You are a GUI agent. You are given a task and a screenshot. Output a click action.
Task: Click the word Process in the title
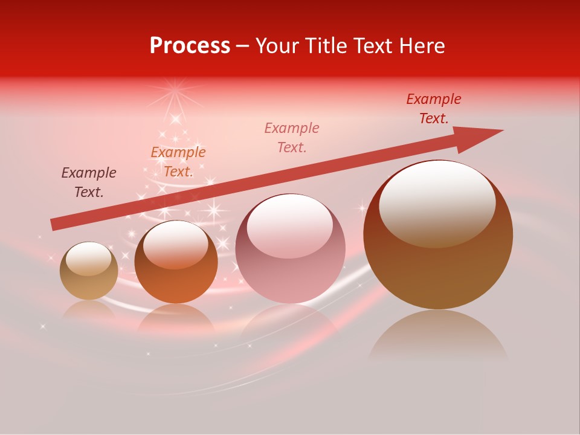tap(190, 46)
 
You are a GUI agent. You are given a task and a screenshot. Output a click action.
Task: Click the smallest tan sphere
tap(89, 271)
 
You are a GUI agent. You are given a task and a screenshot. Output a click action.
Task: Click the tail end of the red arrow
tap(54, 224)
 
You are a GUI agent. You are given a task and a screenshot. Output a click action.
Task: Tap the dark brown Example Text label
tap(89, 182)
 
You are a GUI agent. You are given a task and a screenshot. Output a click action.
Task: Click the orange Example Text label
tap(178, 162)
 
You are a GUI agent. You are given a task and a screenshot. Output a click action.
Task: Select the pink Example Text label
tap(292, 137)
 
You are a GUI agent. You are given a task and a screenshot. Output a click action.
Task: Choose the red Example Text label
tap(433, 109)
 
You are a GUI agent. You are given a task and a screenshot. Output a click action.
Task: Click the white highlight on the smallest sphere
tap(88, 259)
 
